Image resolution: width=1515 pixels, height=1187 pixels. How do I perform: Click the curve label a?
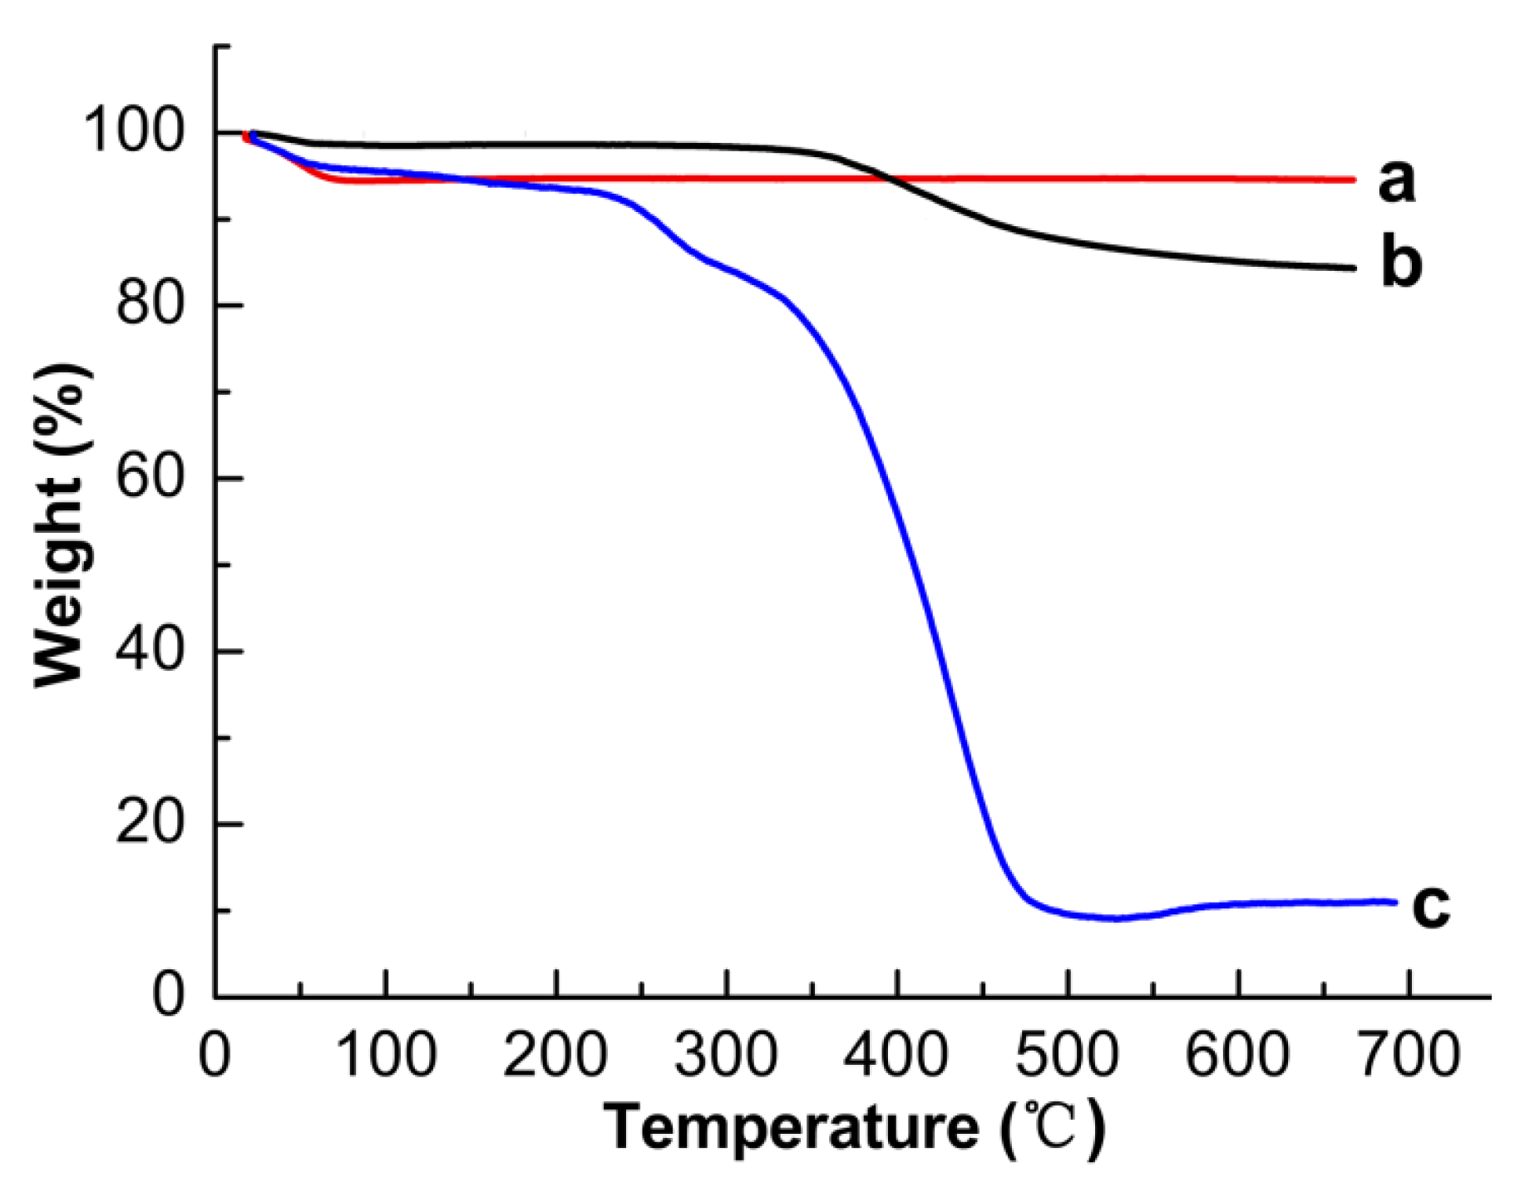coord(1396,182)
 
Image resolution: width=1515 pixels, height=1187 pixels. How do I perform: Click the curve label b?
coord(1401,264)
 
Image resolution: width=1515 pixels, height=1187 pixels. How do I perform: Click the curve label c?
coord(1430,906)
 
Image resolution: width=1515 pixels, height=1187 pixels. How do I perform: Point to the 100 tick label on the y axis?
coord(133,131)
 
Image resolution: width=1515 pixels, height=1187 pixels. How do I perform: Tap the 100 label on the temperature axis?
coord(386,1054)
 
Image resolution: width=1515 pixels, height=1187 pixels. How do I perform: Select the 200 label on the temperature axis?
coord(555,1054)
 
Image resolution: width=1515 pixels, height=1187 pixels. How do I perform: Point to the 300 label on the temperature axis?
coord(726,1054)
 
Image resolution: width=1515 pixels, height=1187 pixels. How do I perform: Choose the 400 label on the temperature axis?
coord(896,1054)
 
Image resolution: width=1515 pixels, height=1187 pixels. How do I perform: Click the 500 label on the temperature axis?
coord(1067,1054)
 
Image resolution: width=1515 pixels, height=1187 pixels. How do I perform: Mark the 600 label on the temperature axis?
coord(1237,1054)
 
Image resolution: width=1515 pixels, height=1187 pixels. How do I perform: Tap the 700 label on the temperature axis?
coord(1408,1054)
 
